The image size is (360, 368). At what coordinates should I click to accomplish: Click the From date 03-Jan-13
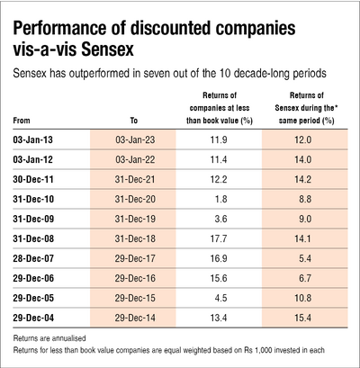pos(35,140)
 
